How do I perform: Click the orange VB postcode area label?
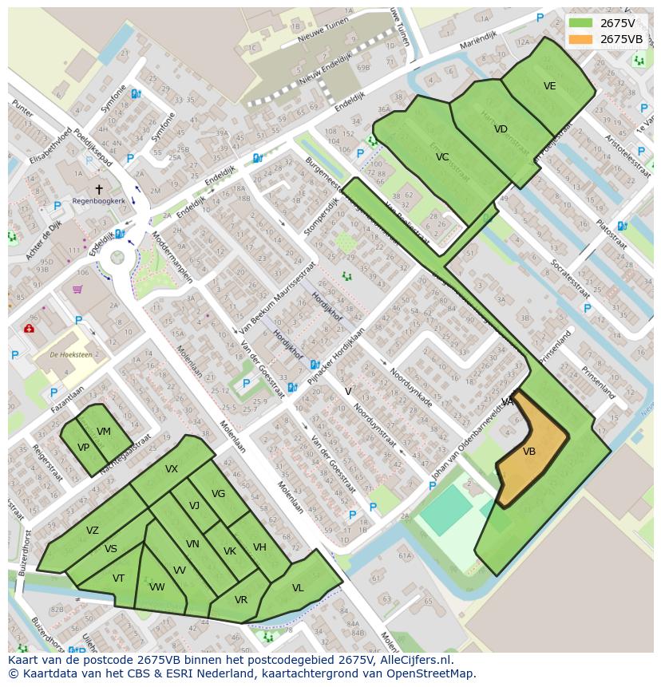coord(529,452)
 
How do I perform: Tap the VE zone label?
coord(549,86)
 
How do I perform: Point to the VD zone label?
coord(501,129)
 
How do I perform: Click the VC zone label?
coord(442,157)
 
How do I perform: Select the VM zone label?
coord(104,432)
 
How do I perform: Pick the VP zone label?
coord(83,448)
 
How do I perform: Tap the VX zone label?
coord(172,469)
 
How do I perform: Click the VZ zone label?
coord(93,531)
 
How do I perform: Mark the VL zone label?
coord(298,588)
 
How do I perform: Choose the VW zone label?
coord(156,587)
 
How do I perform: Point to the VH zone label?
coord(259,547)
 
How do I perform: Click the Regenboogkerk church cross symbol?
coord(99,189)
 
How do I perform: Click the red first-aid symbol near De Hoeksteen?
coord(29,328)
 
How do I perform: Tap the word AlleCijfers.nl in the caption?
coord(414,660)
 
